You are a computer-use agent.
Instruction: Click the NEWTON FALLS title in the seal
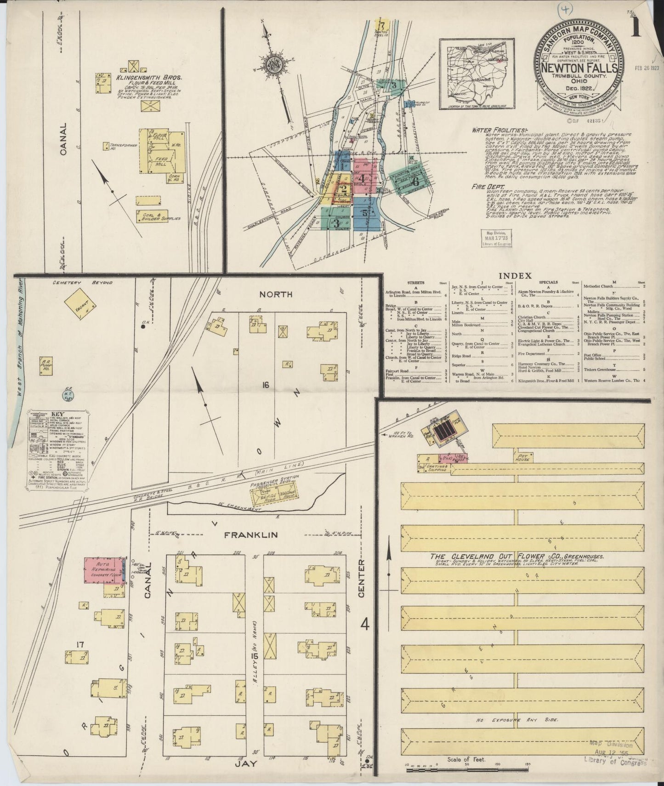[578, 68]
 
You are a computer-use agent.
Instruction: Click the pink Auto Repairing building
[104, 570]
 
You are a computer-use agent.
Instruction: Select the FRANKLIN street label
[250, 535]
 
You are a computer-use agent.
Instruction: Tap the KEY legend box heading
[57, 413]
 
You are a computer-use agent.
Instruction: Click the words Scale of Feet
[465, 759]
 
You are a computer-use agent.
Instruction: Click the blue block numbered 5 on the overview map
[366, 213]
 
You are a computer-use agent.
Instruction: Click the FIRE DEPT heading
[488, 187]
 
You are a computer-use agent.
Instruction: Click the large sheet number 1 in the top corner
[636, 28]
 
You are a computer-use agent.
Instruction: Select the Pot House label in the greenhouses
[522, 457]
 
